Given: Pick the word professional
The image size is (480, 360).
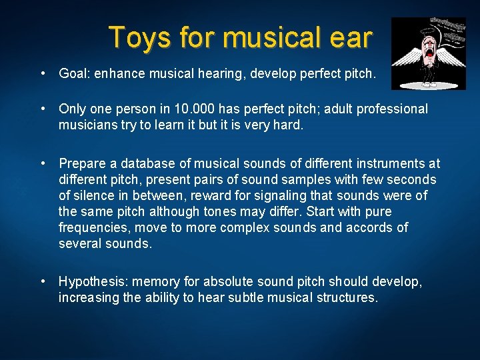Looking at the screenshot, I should pyautogui.click(x=393, y=109).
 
